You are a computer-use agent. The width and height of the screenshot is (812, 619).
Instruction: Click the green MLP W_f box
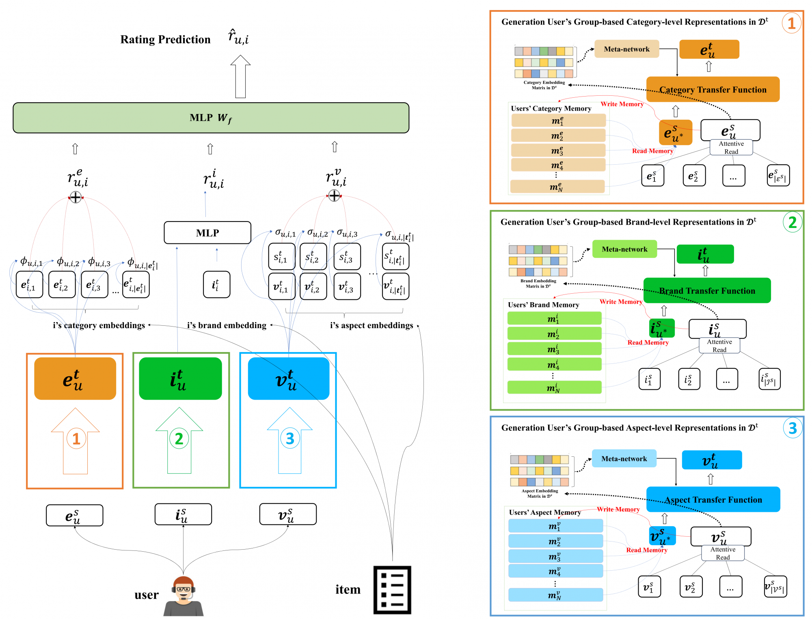pos(211,118)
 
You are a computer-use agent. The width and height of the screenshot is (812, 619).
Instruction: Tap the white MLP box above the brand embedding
pos(207,233)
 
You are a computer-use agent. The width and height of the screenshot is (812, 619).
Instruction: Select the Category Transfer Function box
pos(713,89)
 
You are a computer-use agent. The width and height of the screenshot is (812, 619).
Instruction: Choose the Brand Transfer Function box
pos(707,290)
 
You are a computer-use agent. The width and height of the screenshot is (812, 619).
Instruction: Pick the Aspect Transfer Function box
pos(713,499)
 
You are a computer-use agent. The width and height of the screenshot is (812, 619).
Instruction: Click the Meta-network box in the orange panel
pos(626,49)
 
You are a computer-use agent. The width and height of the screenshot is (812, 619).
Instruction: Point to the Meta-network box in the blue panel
pos(624,458)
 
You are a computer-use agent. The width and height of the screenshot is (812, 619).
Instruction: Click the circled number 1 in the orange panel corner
pos(791,23)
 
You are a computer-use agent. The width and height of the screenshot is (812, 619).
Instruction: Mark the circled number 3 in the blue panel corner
pos(793,428)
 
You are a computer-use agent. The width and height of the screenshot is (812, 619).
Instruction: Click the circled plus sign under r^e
pos(76,197)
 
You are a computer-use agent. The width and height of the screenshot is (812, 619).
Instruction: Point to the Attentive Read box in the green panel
pos(719,346)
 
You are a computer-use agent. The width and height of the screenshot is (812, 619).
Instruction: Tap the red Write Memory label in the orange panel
pos(622,104)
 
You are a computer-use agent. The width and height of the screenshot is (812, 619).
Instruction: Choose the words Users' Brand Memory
pos(543,305)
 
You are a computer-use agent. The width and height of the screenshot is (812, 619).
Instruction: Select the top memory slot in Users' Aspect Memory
pos(555,526)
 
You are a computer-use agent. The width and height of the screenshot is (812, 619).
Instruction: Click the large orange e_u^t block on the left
pos(75,379)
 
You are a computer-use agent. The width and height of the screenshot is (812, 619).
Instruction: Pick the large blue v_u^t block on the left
pos(288,379)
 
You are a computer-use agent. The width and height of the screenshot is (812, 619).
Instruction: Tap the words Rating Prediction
pos(165,39)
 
